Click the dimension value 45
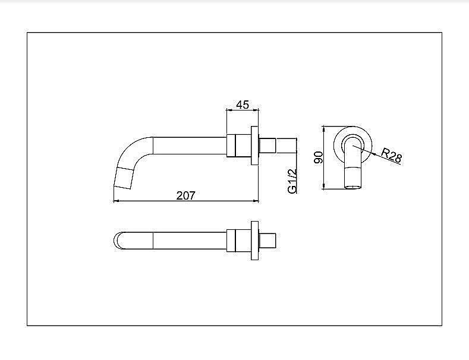coord(243,105)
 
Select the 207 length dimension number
coord(186,195)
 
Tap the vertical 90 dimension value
coord(318,157)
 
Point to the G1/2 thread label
coord(292,181)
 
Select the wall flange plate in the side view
coord(255,146)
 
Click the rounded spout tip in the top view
coord(118,240)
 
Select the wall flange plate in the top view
coord(255,240)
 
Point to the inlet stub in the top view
coord(269,240)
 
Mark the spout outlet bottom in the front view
coord(354,185)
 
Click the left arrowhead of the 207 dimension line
coord(115,201)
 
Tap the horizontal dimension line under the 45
coord(243,110)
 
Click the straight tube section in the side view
coord(190,146)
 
